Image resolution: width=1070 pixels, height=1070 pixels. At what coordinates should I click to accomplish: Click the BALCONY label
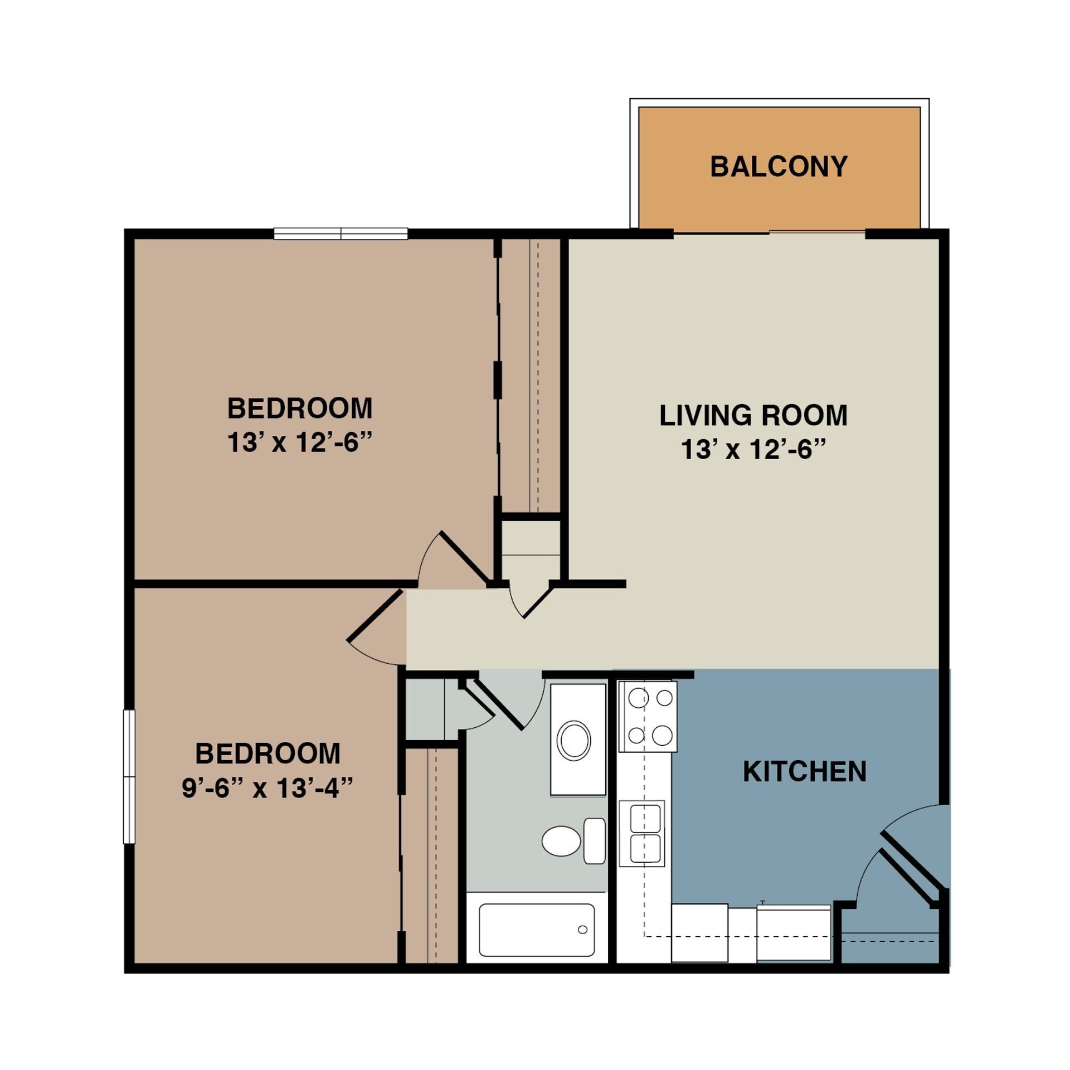779,167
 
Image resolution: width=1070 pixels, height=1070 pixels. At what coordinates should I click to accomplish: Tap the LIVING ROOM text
753,416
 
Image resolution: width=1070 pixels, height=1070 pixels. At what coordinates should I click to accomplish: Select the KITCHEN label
804,772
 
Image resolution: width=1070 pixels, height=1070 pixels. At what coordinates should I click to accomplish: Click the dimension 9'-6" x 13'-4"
267,789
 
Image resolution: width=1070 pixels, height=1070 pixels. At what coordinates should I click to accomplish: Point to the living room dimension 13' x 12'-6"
752,449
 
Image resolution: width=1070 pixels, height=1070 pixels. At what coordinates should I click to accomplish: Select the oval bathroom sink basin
573,741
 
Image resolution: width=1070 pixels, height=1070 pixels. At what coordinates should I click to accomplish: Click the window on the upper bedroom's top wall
341,234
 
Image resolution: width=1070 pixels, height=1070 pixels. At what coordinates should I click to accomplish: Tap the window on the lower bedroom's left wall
129,776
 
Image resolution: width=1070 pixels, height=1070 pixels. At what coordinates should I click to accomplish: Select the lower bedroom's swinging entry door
374,616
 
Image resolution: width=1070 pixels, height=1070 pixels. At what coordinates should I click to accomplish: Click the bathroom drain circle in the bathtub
582,930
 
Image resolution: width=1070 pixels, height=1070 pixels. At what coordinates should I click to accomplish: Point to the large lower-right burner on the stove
662,735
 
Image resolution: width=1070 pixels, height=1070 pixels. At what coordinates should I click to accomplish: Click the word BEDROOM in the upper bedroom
300,408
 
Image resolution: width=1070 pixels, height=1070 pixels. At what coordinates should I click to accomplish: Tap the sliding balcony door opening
769,233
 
